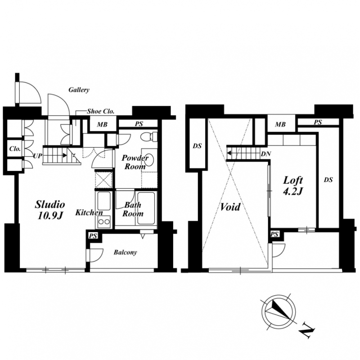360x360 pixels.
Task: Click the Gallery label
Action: [79, 90]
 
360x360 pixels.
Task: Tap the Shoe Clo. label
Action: [100, 112]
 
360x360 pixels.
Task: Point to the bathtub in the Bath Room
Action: [146, 208]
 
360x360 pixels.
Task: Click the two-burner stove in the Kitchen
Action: [104, 222]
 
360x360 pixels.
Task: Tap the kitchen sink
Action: [104, 201]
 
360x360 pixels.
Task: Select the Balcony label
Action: [126, 252]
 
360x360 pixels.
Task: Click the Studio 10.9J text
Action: [50, 210]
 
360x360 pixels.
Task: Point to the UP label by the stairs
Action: [38, 156]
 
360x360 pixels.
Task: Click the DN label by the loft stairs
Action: [266, 154]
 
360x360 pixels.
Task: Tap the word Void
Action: [230, 207]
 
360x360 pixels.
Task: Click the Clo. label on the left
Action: [15, 149]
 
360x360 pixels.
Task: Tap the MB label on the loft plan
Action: [280, 125]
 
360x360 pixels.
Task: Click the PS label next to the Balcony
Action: [93, 236]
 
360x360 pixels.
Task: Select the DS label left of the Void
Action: [197, 146]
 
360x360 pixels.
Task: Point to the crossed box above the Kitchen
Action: [104, 180]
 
